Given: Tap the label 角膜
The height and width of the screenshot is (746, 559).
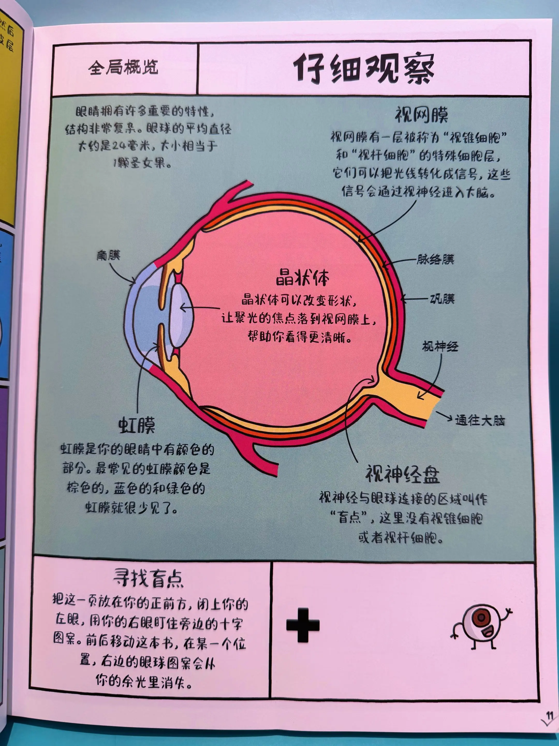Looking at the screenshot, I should pos(108,255).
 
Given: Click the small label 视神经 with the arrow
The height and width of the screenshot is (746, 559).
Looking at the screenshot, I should pos(440,346).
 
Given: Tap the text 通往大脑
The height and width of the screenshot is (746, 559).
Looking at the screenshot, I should pos(480,421).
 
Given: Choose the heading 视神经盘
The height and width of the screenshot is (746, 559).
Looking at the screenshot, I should pos(403,474).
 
